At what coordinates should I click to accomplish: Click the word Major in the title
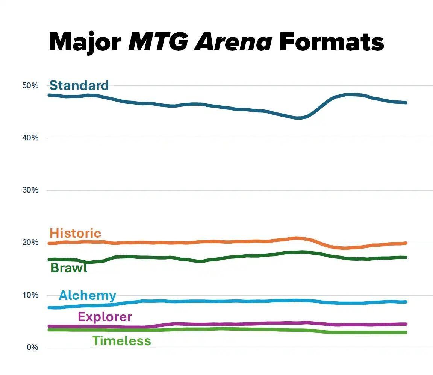tap(85, 42)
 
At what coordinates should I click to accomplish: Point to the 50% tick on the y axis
tap(30, 86)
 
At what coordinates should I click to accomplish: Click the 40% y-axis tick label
tap(30, 138)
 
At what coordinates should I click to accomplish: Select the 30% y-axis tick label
tap(30, 190)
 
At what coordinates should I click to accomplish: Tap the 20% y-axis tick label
tap(30, 243)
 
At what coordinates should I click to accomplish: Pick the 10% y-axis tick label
tap(30, 295)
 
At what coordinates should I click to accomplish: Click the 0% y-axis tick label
tap(32, 348)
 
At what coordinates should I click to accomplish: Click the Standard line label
tap(79, 85)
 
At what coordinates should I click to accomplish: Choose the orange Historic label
tap(75, 233)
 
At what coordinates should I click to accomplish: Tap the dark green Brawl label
tap(69, 268)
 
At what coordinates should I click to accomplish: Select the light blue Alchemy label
tap(87, 295)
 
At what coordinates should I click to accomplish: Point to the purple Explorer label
tap(105, 317)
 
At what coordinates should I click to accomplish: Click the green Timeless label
tap(121, 341)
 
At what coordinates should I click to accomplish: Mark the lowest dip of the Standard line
tap(298, 118)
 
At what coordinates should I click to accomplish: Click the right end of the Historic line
tap(406, 243)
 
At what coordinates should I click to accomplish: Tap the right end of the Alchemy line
tap(406, 302)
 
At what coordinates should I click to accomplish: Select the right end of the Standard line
tap(406, 102)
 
